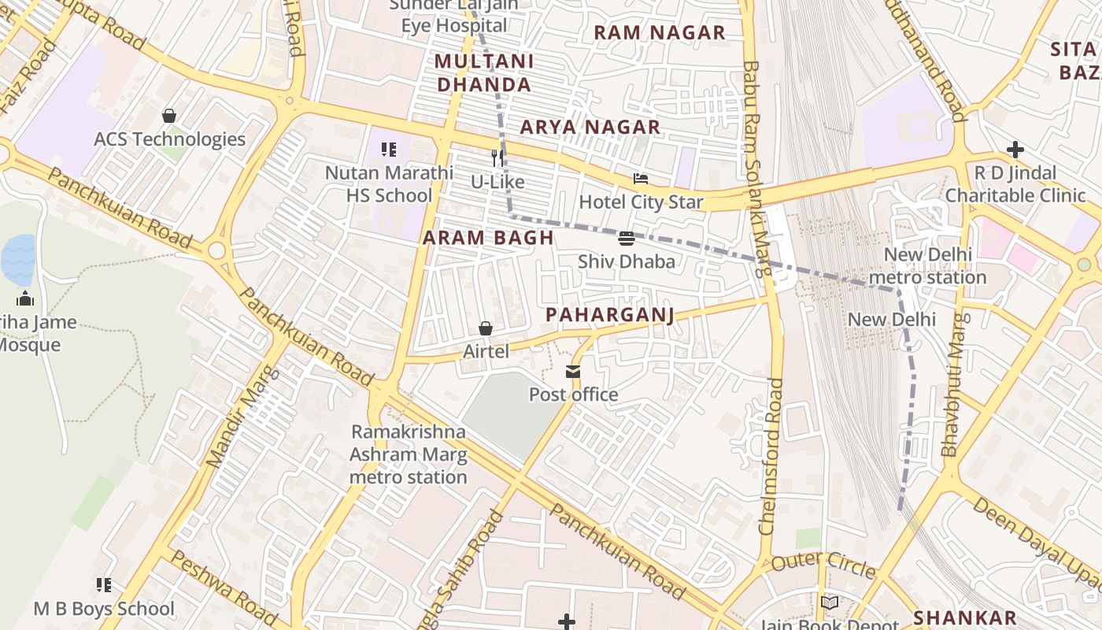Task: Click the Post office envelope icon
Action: tap(573, 372)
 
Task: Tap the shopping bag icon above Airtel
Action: tap(486, 328)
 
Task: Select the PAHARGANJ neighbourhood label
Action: tap(610, 316)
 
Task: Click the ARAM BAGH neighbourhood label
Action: tap(488, 238)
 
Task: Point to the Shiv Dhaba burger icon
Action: tap(627, 239)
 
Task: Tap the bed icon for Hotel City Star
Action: tap(641, 180)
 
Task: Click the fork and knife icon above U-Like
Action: tap(497, 158)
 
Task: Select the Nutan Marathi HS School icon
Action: tap(388, 149)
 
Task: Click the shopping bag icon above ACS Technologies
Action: tap(169, 117)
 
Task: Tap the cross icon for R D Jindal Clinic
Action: tap(1015, 150)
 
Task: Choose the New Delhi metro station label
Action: tap(928, 266)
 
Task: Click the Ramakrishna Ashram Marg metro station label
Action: tap(409, 454)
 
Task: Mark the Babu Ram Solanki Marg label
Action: tap(756, 169)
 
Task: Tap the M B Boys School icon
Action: tap(104, 585)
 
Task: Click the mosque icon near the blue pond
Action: tap(25, 298)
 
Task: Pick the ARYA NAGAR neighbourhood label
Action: tap(590, 127)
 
